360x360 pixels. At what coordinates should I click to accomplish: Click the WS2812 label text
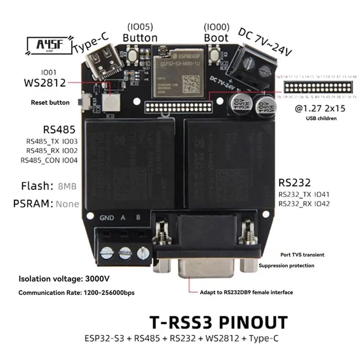(44, 83)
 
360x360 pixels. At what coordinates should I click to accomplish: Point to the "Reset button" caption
(50, 103)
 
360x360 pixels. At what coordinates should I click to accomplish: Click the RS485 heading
(59, 130)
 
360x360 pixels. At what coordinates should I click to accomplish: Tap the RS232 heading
(295, 183)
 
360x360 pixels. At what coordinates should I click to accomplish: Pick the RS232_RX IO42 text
(304, 204)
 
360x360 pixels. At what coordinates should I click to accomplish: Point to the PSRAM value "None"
(67, 204)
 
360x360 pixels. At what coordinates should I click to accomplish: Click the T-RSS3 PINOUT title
(218, 323)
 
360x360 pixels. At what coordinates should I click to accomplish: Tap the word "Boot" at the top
(216, 38)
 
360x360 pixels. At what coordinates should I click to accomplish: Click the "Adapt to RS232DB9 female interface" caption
(247, 292)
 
